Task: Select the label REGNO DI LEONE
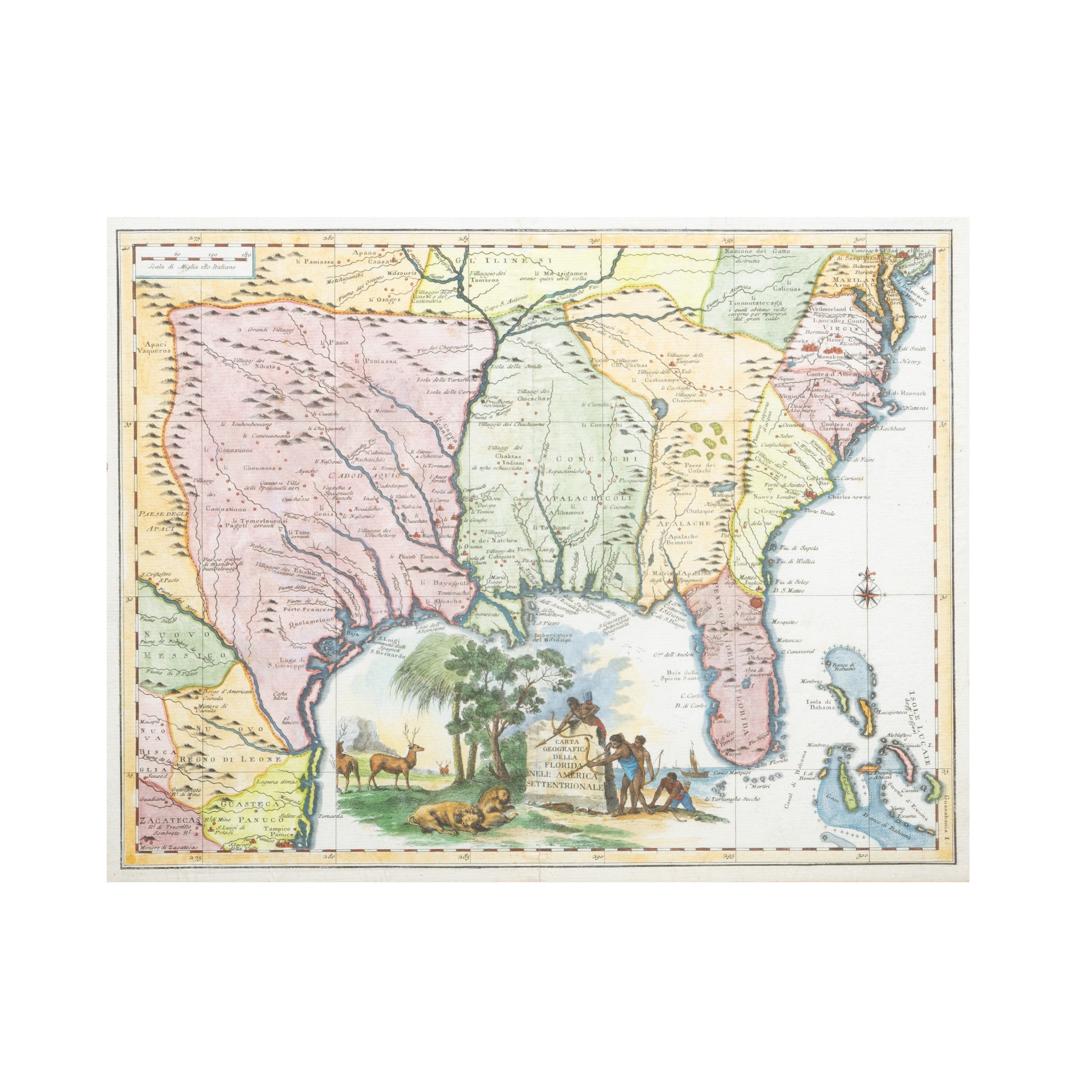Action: (x=230, y=758)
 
